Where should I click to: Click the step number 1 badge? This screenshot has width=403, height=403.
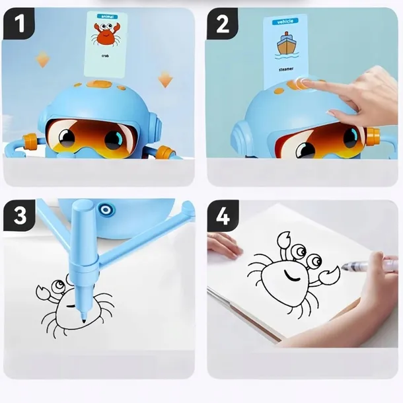(18, 24)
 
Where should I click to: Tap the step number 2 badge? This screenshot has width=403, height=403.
(223, 24)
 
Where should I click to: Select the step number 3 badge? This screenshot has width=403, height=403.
(19, 215)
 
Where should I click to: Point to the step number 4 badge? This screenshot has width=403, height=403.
(223, 216)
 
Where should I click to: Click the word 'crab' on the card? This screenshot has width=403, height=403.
(105, 55)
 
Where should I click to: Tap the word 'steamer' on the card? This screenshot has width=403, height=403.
(286, 69)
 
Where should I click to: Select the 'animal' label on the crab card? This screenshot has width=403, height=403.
(108, 17)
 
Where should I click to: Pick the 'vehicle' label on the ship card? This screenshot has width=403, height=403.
(285, 22)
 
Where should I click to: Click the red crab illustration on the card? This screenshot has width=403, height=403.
(106, 34)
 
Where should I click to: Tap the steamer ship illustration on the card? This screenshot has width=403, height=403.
(287, 45)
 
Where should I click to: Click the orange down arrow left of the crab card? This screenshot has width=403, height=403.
(43, 59)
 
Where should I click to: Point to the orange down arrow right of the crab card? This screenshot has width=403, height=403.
(165, 79)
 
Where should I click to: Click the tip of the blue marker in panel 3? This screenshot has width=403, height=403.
(84, 320)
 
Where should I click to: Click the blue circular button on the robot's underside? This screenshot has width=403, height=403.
(105, 210)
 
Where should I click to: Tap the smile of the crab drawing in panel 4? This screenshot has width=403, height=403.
(291, 275)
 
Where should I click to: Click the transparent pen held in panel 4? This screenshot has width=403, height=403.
(369, 265)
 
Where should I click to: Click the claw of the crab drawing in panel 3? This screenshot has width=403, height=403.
(42, 293)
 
